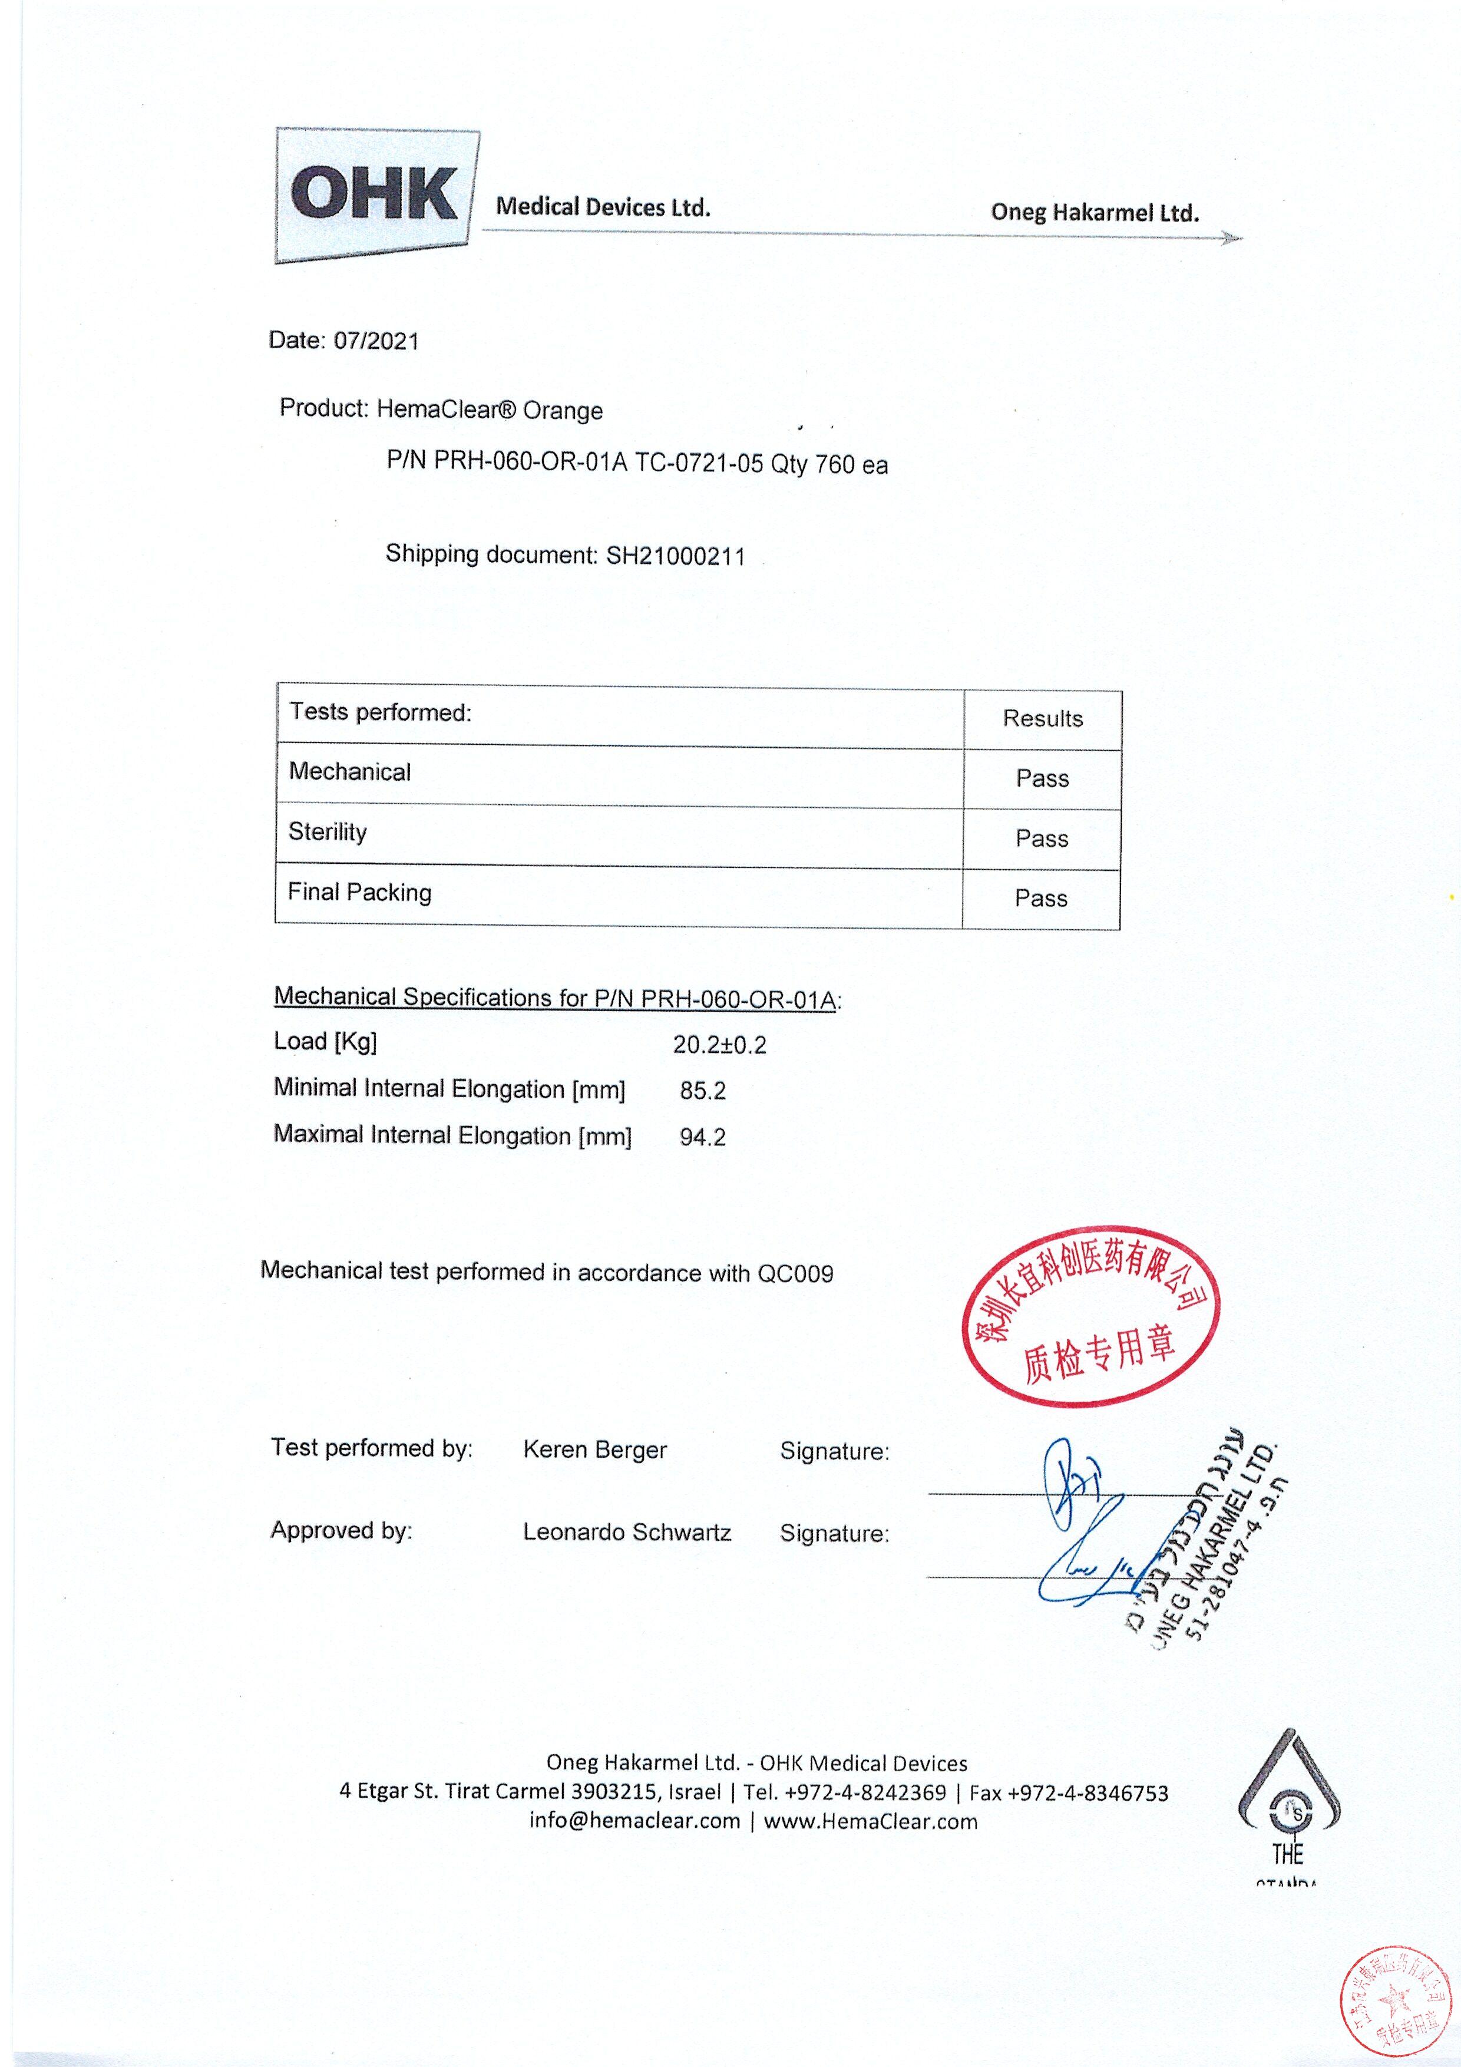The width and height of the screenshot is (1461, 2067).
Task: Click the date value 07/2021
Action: (x=376, y=341)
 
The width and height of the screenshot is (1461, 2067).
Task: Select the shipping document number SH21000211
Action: (x=675, y=556)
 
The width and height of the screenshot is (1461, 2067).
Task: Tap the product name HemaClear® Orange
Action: (x=490, y=411)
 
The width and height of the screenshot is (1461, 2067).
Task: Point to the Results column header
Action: (x=1042, y=718)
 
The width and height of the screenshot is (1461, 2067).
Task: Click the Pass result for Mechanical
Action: (x=1042, y=779)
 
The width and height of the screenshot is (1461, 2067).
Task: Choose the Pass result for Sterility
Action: (x=1042, y=839)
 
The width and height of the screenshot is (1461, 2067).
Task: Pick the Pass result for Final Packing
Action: (x=1040, y=899)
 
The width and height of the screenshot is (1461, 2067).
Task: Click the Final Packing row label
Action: (x=359, y=892)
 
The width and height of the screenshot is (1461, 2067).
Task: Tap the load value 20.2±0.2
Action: (x=719, y=1045)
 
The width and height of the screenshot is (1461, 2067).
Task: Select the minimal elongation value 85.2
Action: (x=702, y=1091)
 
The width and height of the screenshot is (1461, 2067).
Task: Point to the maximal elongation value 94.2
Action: (x=702, y=1137)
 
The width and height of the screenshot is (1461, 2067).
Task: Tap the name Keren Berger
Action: (x=595, y=1450)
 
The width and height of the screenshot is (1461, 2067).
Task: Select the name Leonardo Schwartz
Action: (x=627, y=1532)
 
